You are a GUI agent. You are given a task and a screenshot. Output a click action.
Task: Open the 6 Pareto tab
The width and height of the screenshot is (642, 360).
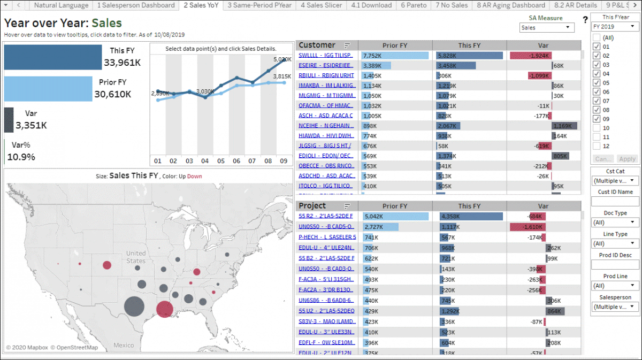(414, 5)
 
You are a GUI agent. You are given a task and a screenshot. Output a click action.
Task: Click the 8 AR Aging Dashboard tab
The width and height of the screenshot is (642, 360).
(511, 5)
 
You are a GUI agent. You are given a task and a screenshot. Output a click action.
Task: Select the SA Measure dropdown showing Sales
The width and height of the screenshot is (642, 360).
(546, 28)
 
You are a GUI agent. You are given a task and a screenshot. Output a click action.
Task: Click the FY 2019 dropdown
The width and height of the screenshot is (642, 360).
(614, 27)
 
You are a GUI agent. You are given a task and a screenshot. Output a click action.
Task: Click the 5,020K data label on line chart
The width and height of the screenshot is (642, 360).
(281, 59)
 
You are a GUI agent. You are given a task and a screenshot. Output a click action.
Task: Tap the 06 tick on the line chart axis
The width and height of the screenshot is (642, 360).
(236, 160)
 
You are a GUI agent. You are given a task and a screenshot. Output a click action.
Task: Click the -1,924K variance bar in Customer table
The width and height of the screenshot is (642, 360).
(530, 56)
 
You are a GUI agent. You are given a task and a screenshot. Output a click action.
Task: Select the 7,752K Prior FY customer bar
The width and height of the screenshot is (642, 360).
(395, 56)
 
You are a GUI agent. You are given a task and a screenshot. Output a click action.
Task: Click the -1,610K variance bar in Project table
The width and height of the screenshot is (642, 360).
(528, 227)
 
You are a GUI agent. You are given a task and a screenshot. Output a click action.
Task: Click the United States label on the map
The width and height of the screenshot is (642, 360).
(136, 257)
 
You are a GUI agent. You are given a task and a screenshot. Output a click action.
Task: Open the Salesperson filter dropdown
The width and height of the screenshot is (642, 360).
(614, 307)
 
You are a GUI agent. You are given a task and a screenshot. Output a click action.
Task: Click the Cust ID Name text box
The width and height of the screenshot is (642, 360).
(614, 202)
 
